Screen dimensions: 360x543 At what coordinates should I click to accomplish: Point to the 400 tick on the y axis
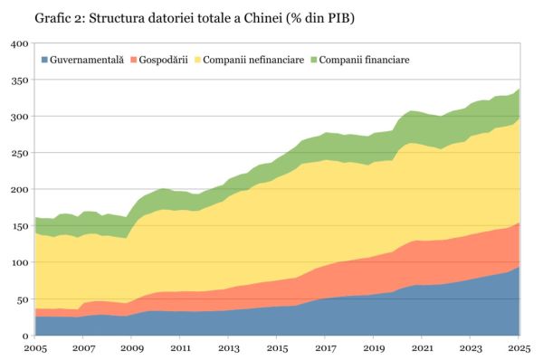pos(19,43)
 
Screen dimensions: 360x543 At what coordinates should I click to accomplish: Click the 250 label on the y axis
pos(19,153)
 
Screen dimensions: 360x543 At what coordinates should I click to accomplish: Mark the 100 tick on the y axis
pos(19,262)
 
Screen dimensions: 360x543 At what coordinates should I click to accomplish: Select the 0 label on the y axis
pos(25,336)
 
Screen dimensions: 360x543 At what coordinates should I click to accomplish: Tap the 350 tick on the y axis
pos(19,80)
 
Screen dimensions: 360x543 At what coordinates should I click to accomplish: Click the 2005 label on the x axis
pos(35,347)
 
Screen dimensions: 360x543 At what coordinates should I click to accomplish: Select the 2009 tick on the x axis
pos(132,347)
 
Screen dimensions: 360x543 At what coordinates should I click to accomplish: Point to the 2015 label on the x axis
pos(278,347)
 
